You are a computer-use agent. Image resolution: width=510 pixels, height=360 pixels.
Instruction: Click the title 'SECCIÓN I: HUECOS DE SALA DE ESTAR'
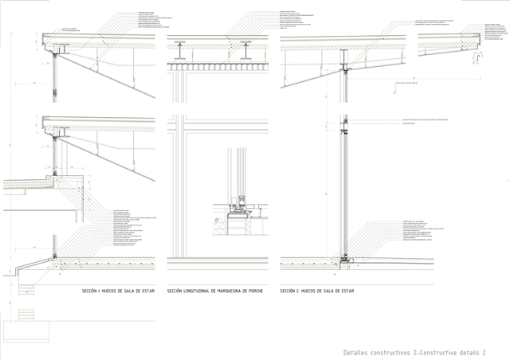pyautogui.click(x=117, y=292)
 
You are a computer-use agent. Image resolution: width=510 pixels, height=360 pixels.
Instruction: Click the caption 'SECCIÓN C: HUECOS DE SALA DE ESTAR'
pyautogui.click(x=317, y=292)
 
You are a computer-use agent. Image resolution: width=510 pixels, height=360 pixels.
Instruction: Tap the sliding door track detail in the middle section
pyautogui.click(x=239, y=210)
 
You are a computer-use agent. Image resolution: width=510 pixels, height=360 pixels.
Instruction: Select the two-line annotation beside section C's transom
pyautogui.click(x=422, y=121)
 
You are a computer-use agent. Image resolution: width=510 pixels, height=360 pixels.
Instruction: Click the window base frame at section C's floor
pyautogui.click(x=343, y=258)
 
